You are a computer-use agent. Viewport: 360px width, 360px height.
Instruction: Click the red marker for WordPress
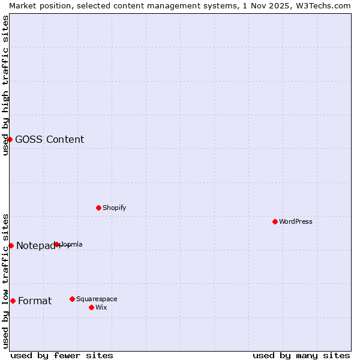click(x=275, y=221)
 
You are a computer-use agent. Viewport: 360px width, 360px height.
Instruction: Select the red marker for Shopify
click(x=98, y=208)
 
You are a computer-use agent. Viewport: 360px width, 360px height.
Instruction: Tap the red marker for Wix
click(x=91, y=307)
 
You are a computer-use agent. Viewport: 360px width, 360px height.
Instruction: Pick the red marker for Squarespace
click(x=72, y=299)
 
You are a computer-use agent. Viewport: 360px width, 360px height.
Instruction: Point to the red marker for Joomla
click(x=57, y=244)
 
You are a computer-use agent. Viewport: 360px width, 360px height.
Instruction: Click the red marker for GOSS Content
click(x=10, y=139)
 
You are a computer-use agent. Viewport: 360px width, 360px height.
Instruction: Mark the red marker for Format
click(x=13, y=301)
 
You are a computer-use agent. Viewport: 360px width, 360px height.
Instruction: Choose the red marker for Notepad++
click(x=11, y=245)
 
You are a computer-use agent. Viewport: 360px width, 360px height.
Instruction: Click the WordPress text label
click(x=296, y=221)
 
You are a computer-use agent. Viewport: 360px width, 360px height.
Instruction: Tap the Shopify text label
click(x=114, y=208)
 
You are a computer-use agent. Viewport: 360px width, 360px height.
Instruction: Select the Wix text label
click(x=101, y=307)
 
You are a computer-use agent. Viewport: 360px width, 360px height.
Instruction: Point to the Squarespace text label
click(x=97, y=299)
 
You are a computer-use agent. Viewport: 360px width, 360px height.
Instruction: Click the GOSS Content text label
click(x=49, y=139)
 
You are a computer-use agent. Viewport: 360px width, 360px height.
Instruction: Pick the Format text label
click(x=35, y=301)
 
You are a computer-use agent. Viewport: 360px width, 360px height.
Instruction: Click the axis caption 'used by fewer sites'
click(x=62, y=355)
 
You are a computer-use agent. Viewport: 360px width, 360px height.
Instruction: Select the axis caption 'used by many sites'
click(x=301, y=355)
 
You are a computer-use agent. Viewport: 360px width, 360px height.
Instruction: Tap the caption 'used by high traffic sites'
click(x=5, y=85)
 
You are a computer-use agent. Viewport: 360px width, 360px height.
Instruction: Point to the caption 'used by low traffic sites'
click(x=5, y=281)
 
